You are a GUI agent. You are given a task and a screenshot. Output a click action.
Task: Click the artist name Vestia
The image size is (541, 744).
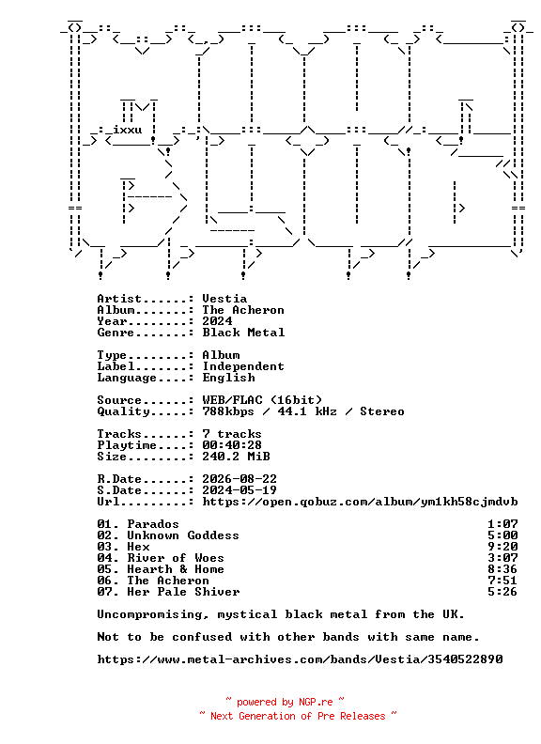(224, 299)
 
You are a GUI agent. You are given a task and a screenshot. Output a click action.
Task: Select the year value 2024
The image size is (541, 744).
(217, 321)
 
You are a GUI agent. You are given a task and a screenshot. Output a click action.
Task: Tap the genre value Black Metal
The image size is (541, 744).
(243, 333)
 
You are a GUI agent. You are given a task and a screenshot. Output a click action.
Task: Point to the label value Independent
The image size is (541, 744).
(243, 366)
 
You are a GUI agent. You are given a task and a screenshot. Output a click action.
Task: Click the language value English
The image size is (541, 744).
(229, 378)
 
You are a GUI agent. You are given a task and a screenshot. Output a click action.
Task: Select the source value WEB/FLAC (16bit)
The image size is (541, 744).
(262, 400)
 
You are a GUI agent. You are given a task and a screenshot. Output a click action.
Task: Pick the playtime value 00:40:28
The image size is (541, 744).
(232, 445)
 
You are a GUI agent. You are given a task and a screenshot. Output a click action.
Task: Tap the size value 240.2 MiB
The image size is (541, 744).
(237, 457)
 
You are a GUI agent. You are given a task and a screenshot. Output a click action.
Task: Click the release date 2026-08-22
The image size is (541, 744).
(240, 479)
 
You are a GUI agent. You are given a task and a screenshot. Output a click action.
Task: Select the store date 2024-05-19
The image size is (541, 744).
(240, 490)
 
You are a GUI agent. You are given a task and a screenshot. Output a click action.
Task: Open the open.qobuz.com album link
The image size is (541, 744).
(360, 502)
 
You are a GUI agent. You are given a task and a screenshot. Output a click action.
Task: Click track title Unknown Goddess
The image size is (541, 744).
(183, 535)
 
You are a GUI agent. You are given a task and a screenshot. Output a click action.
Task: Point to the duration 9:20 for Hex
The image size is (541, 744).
(502, 547)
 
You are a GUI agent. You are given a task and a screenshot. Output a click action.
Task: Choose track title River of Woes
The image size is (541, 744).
(176, 558)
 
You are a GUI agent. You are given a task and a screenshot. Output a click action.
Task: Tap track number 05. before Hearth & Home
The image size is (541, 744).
(108, 569)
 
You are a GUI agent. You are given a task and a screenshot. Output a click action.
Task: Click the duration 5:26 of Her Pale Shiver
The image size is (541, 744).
(502, 592)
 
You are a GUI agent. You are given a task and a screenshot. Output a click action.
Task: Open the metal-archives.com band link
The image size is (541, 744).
(300, 659)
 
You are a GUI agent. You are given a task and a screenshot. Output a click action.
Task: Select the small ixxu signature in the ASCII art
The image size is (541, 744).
(127, 130)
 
